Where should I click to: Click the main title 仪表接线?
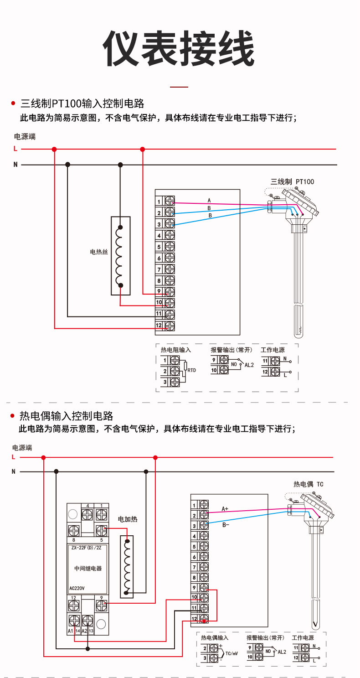179,49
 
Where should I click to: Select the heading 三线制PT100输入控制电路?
82,104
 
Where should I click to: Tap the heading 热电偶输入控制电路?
66,416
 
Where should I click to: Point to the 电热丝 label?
99,252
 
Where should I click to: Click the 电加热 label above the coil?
128,519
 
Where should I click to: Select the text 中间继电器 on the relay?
88,568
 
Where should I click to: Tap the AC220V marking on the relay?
77,588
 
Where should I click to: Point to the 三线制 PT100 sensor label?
292,181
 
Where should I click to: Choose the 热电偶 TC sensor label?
308,484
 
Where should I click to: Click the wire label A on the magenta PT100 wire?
209,201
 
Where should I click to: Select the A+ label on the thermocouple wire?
225,508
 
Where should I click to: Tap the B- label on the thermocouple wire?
226,525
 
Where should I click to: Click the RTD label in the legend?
191,370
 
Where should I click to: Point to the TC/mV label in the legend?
231,653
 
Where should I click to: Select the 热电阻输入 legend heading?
175,350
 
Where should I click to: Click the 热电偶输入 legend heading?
215,638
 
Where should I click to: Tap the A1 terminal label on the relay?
70,631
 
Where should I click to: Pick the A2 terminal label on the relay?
84,631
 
